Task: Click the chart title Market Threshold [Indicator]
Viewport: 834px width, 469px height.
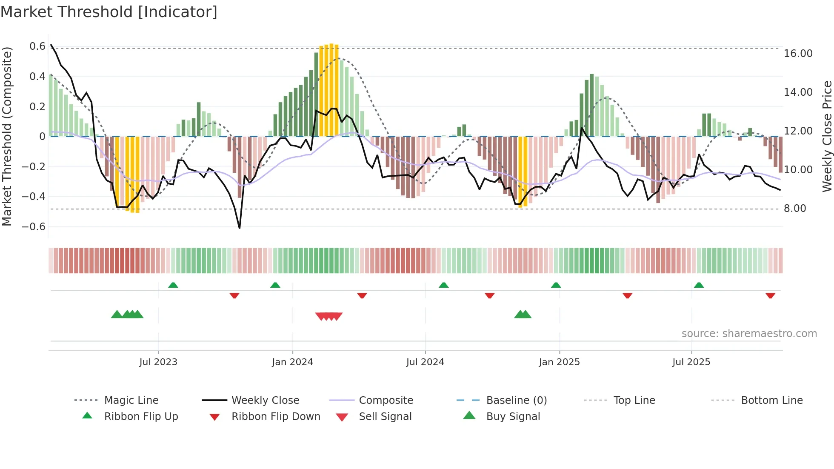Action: click(x=109, y=12)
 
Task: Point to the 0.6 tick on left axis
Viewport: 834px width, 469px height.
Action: click(x=37, y=46)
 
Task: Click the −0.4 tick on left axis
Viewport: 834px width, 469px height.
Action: click(x=34, y=196)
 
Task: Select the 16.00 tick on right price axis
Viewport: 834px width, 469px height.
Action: click(x=798, y=54)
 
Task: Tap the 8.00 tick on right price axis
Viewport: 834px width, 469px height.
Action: click(x=795, y=209)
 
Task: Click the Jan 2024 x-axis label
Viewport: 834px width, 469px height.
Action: click(x=292, y=362)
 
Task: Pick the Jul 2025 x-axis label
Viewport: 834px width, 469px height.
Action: click(x=691, y=362)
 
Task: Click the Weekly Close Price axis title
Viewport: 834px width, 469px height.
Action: click(x=827, y=136)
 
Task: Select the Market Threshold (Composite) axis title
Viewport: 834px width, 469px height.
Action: click(x=7, y=136)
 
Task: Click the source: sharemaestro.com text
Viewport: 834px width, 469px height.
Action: click(x=749, y=334)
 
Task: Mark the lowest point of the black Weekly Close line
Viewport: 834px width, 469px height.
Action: click(x=240, y=228)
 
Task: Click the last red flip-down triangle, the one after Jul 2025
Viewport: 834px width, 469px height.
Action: click(x=770, y=295)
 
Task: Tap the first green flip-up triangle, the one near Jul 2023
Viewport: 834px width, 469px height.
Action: click(x=173, y=285)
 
